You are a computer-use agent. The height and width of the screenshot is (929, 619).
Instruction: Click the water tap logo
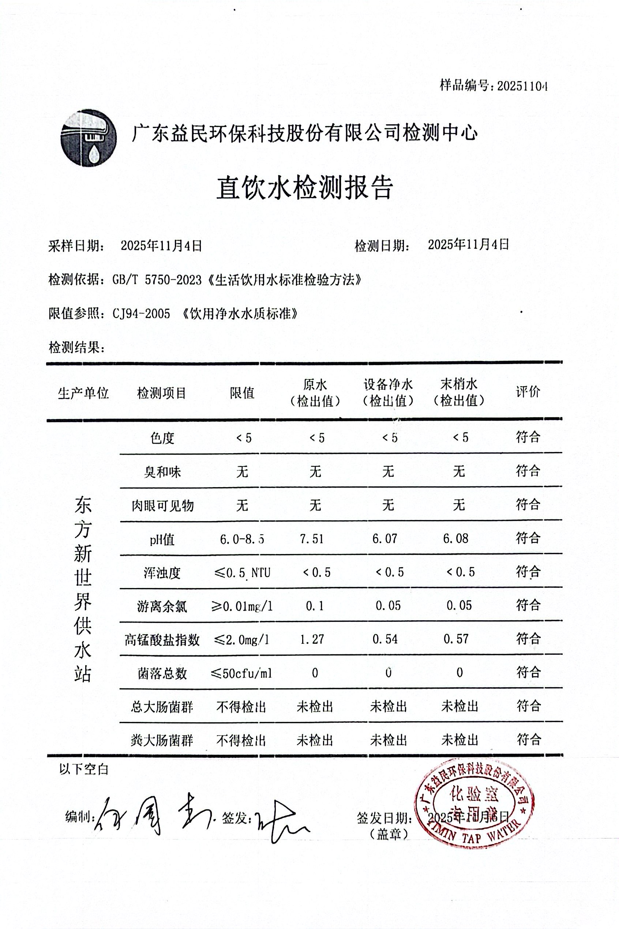(89, 138)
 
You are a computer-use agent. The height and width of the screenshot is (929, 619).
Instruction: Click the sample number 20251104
(522, 86)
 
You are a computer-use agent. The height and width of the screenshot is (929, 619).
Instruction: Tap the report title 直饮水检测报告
(305, 188)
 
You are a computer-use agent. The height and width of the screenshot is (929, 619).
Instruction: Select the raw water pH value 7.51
(312, 539)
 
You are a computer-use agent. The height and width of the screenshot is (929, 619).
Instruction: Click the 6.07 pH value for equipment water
(384, 539)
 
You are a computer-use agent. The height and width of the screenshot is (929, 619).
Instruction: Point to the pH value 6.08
(455, 539)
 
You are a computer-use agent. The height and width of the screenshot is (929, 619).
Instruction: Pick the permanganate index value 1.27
(312, 639)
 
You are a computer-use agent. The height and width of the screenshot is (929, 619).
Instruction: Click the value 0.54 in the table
(385, 639)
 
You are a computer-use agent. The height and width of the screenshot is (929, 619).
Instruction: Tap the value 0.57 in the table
(456, 639)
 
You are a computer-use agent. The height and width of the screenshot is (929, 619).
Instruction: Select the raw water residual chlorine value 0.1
(315, 606)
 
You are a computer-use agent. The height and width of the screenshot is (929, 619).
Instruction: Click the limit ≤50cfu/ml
(241, 673)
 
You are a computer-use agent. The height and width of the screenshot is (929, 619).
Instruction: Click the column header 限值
(242, 393)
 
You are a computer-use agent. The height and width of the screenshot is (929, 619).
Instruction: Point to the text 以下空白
(84, 769)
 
